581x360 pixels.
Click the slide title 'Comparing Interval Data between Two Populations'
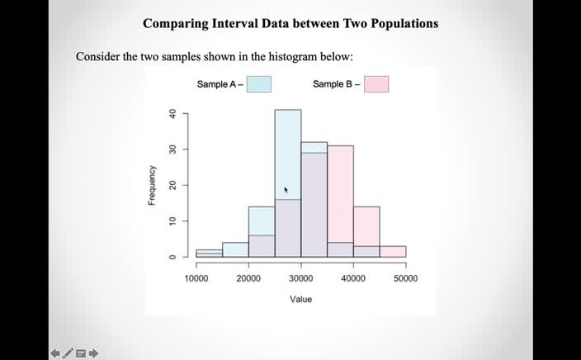(x=290, y=23)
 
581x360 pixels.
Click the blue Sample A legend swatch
(x=258, y=84)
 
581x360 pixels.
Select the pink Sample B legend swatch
(x=376, y=84)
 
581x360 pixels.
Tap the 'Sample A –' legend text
(x=220, y=84)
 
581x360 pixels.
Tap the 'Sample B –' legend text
(x=337, y=84)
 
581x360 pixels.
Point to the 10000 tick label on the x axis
(x=196, y=278)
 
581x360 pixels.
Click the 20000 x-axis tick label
(x=248, y=278)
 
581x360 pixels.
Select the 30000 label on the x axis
(x=301, y=278)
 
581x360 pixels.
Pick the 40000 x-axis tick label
(x=353, y=278)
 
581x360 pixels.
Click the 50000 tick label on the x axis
(x=405, y=278)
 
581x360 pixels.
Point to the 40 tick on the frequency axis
(x=172, y=114)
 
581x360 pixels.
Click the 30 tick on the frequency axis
(x=172, y=149)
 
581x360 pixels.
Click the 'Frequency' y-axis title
(x=152, y=186)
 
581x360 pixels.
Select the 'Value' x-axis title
(x=300, y=299)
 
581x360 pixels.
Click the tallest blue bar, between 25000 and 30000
(x=287, y=149)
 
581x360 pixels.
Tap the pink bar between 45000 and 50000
(x=393, y=252)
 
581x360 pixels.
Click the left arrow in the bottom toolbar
(x=55, y=353)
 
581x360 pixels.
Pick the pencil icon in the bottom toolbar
(x=68, y=353)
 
